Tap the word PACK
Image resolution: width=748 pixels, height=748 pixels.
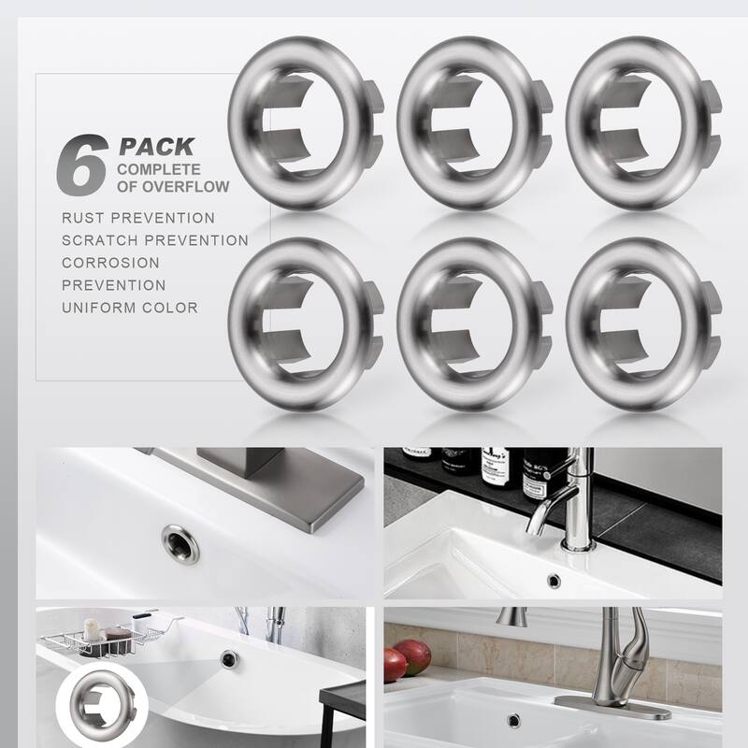click(x=156, y=147)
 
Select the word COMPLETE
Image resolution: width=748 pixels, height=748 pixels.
click(x=158, y=169)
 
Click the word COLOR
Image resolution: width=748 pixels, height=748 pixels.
click(x=170, y=308)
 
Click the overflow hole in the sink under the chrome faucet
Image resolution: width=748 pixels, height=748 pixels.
click(x=554, y=581)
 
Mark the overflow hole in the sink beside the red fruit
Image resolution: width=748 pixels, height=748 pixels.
click(x=512, y=719)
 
